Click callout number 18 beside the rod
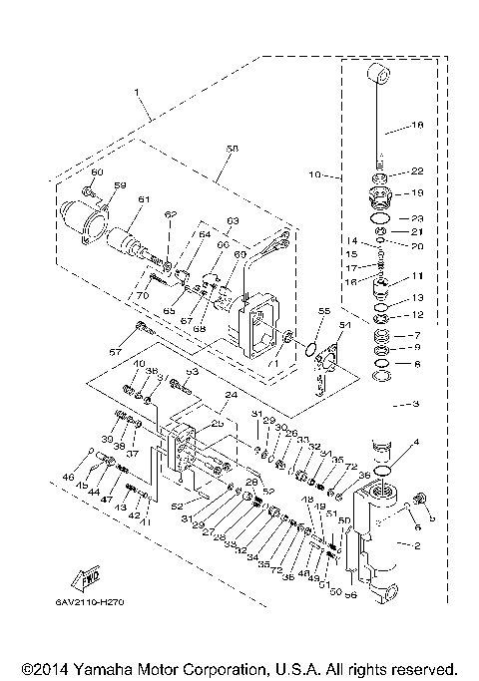(x=418, y=127)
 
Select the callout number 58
(x=233, y=149)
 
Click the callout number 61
(x=143, y=199)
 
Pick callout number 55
(x=321, y=312)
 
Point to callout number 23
(x=418, y=217)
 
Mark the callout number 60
(x=97, y=172)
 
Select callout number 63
(x=233, y=220)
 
